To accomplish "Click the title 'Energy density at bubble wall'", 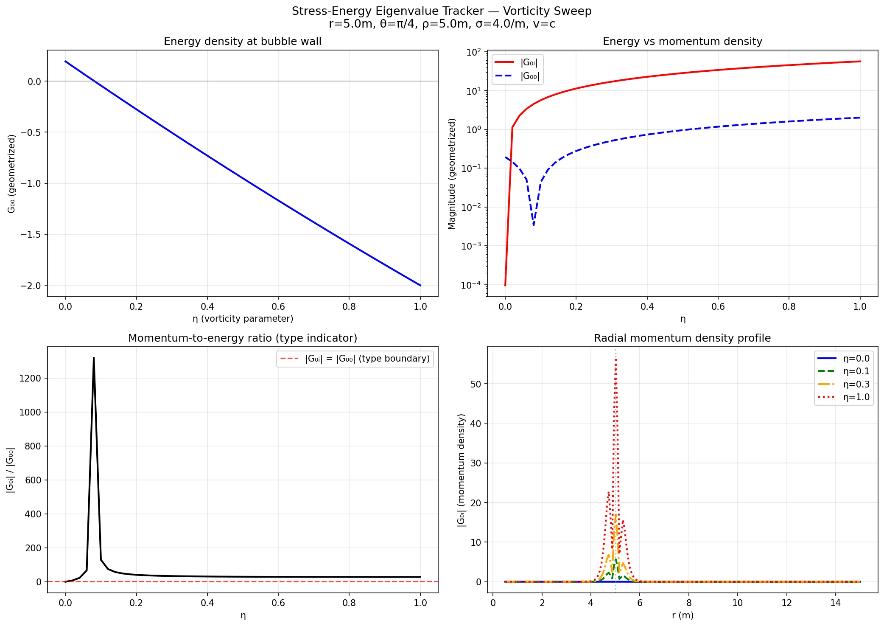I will [242, 42].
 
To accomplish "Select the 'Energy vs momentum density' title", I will [682, 42].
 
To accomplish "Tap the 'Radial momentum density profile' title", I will [682, 338].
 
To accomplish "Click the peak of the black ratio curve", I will [94, 358].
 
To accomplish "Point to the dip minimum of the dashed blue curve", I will [533, 225].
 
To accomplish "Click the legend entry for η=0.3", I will [856, 385].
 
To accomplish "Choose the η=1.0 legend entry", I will [856, 397].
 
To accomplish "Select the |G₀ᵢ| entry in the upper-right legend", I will [529, 63].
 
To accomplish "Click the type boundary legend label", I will [367, 359].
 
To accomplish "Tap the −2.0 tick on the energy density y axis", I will [32, 286].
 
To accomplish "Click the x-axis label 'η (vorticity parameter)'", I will [243, 319].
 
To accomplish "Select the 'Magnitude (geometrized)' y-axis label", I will [451, 174].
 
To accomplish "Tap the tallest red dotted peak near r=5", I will [615, 360].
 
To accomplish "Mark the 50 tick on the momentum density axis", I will [476, 384].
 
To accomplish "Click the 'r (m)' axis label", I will [682, 615].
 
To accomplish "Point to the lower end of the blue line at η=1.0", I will [420, 285].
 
